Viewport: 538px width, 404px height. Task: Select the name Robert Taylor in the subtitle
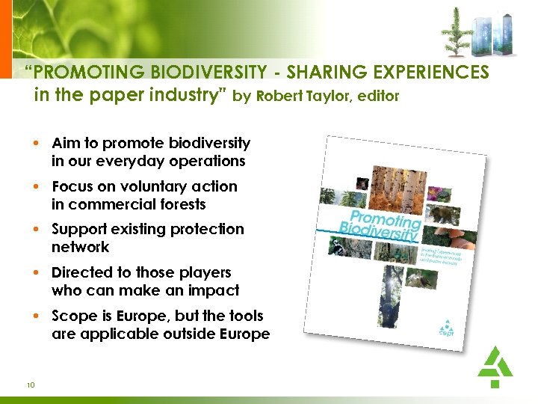[299, 96]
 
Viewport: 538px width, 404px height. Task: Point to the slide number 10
[31, 385]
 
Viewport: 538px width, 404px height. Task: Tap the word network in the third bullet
[81, 247]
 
